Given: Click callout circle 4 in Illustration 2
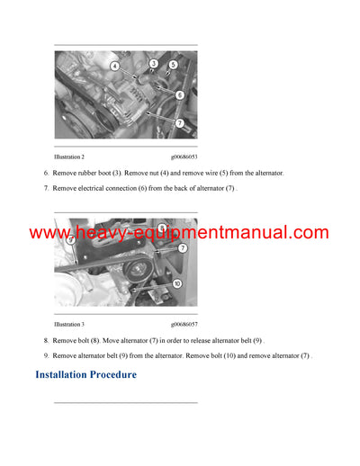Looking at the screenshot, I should pyautogui.click(x=115, y=67).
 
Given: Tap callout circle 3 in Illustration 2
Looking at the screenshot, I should pyautogui.click(x=154, y=64).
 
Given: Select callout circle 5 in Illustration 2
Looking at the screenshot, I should pyautogui.click(x=174, y=65).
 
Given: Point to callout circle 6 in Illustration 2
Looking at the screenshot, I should pyautogui.click(x=180, y=94).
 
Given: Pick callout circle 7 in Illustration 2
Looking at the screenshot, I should pyautogui.click(x=180, y=122).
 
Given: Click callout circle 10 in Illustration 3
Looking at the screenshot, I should pyautogui.click(x=177, y=283).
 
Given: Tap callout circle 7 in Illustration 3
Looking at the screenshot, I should pyautogui.click(x=183, y=247).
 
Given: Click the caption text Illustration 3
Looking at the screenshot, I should pyautogui.click(x=69, y=324).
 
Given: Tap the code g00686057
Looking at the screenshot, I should pyautogui.click(x=184, y=324).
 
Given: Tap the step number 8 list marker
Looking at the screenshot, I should pyautogui.click(x=46, y=341).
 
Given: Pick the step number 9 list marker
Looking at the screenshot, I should pyautogui.click(x=46, y=356).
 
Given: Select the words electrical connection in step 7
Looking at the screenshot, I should pyautogui.click(x=105, y=188).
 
